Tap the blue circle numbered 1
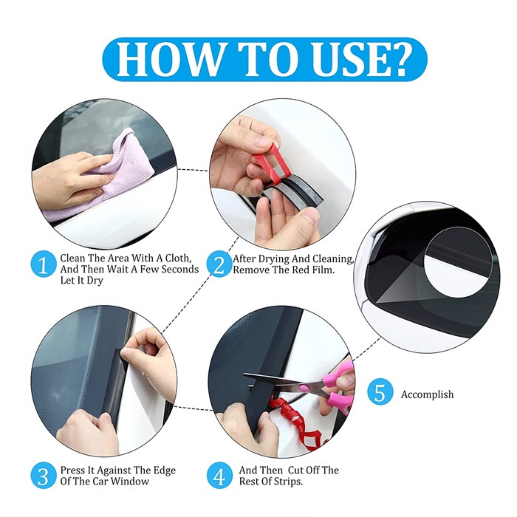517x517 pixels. tap(43, 264)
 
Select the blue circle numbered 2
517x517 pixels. tap(219, 264)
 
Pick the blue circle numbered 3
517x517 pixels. tap(43, 476)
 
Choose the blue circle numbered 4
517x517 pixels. tap(219, 476)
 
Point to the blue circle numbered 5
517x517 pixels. tap(380, 394)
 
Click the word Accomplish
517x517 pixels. tap(427, 394)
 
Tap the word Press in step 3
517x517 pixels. tap(72, 470)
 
